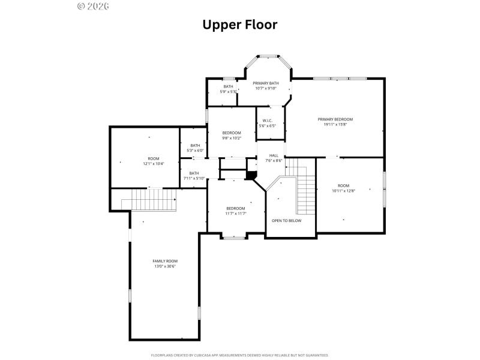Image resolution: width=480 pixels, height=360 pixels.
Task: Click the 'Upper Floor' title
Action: (x=239, y=25)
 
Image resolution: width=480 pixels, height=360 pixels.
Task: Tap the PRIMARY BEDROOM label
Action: (x=335, y=119)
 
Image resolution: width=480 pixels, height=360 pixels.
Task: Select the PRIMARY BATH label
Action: (x=265, y=83)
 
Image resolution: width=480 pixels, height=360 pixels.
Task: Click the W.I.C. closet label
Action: (x=268, y=121)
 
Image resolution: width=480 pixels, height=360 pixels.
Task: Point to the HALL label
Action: (x=274, y=155)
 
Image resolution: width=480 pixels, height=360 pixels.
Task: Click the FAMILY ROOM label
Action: (x=164, y=261)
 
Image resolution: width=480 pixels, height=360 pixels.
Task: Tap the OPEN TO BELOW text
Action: (x=286, y=220)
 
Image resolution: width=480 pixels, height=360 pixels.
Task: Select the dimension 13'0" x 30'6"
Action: (x=164, y=266)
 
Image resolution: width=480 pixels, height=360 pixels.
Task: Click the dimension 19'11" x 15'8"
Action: (x=335, y=124)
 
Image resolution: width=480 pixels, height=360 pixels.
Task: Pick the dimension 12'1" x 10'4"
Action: (x=153, y=164)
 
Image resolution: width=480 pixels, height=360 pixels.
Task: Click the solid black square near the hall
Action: (x=251, y=175)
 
